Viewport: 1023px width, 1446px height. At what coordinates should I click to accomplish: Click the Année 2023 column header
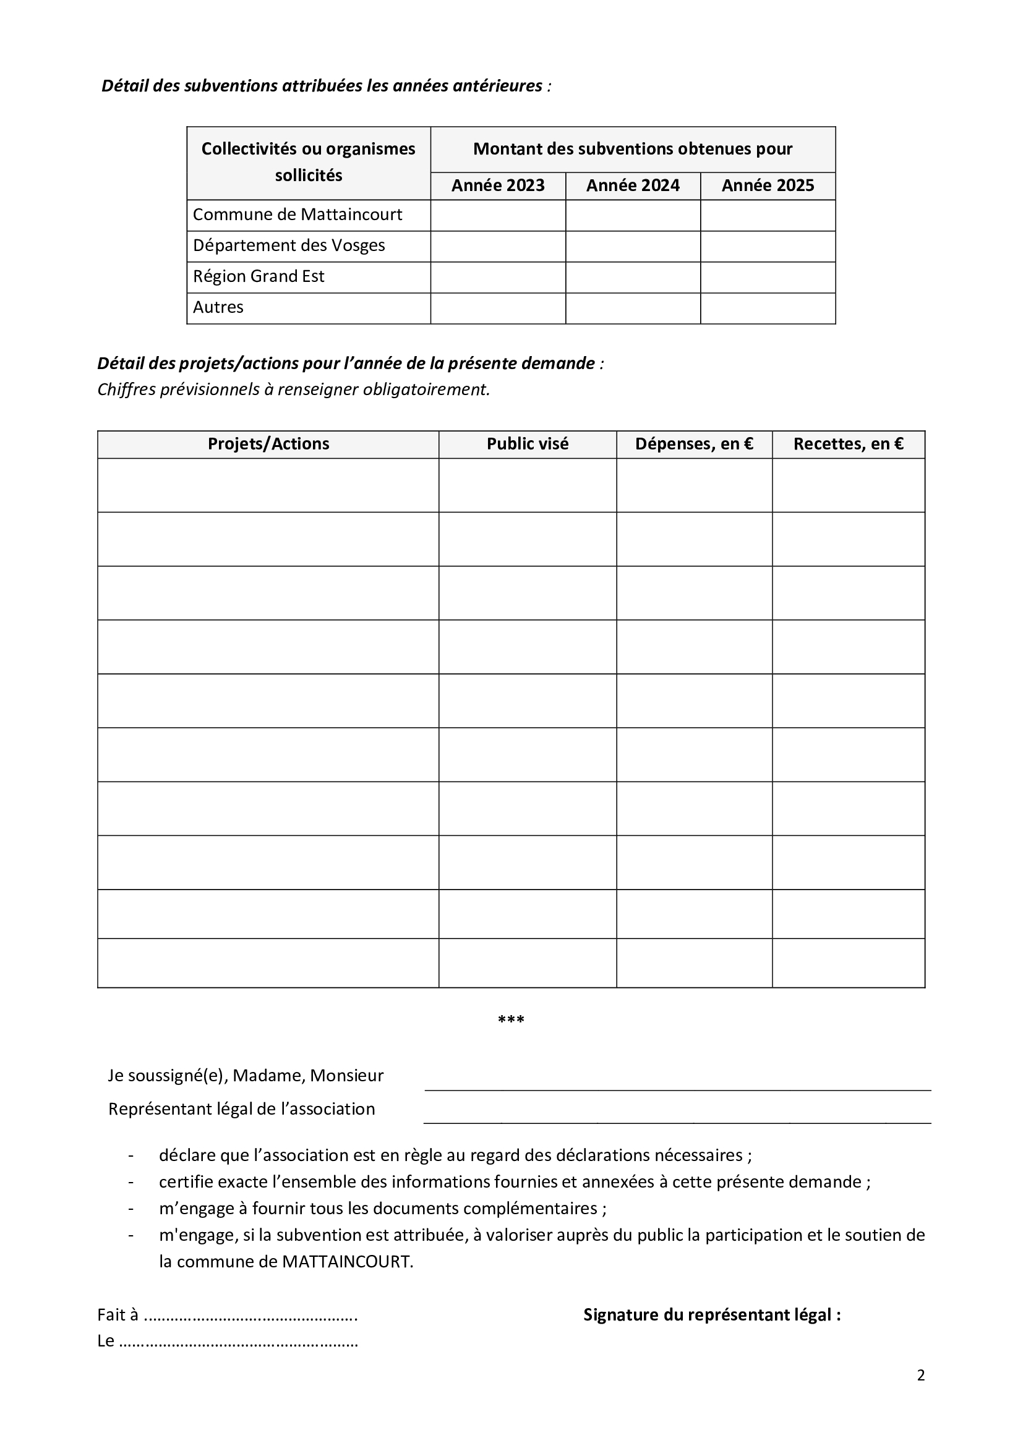(x=498, y=186)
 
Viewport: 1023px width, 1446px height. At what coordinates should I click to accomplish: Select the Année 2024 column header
(x=633, y=186)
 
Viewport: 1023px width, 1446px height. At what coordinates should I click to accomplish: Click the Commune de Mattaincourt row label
(x=297, y=215)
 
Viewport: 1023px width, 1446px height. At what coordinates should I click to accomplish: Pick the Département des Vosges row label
(x=288, y=245)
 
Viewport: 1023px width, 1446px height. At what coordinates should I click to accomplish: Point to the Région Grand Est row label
(x=259, y=276)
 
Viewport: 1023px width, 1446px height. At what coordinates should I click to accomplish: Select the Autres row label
(x=218, y=307)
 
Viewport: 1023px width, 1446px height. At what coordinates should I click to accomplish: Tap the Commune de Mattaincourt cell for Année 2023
(x=498, y=215)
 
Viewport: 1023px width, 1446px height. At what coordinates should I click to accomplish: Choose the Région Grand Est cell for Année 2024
(x=633, y=277)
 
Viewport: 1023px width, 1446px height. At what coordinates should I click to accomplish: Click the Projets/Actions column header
(x=268, y=444)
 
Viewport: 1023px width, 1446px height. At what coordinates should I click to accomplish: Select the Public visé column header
(x=527, y=444)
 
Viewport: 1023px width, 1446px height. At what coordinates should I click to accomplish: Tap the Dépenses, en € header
(x=693, y=444)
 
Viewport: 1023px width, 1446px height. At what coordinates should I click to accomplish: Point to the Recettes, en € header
(x=848, y=444)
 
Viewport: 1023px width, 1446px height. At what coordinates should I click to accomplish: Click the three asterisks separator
(x=511, y=1019)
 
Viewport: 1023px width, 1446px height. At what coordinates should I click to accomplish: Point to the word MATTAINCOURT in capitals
(x=346, y=1262)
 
